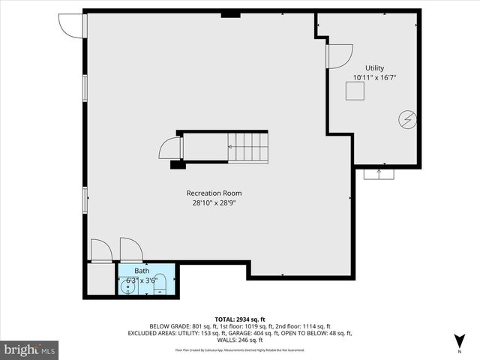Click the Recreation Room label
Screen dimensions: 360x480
(214, 193)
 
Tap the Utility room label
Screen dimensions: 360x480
(374, 67)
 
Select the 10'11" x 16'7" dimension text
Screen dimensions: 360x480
(374, 77)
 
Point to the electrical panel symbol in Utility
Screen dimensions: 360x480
(408, 119)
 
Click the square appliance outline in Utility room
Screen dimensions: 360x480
(355, 91)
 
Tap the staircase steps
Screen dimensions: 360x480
(248, 147)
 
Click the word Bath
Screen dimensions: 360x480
(142, 271)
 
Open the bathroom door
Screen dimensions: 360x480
(130, 250)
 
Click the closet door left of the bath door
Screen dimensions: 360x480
(101, 250)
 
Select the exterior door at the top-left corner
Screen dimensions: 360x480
(73, 25)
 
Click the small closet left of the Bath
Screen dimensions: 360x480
(100, 279)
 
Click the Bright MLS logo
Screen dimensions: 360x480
(30, 349)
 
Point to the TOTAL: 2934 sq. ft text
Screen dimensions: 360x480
(240, 319)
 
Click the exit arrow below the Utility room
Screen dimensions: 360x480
(379, 173)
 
